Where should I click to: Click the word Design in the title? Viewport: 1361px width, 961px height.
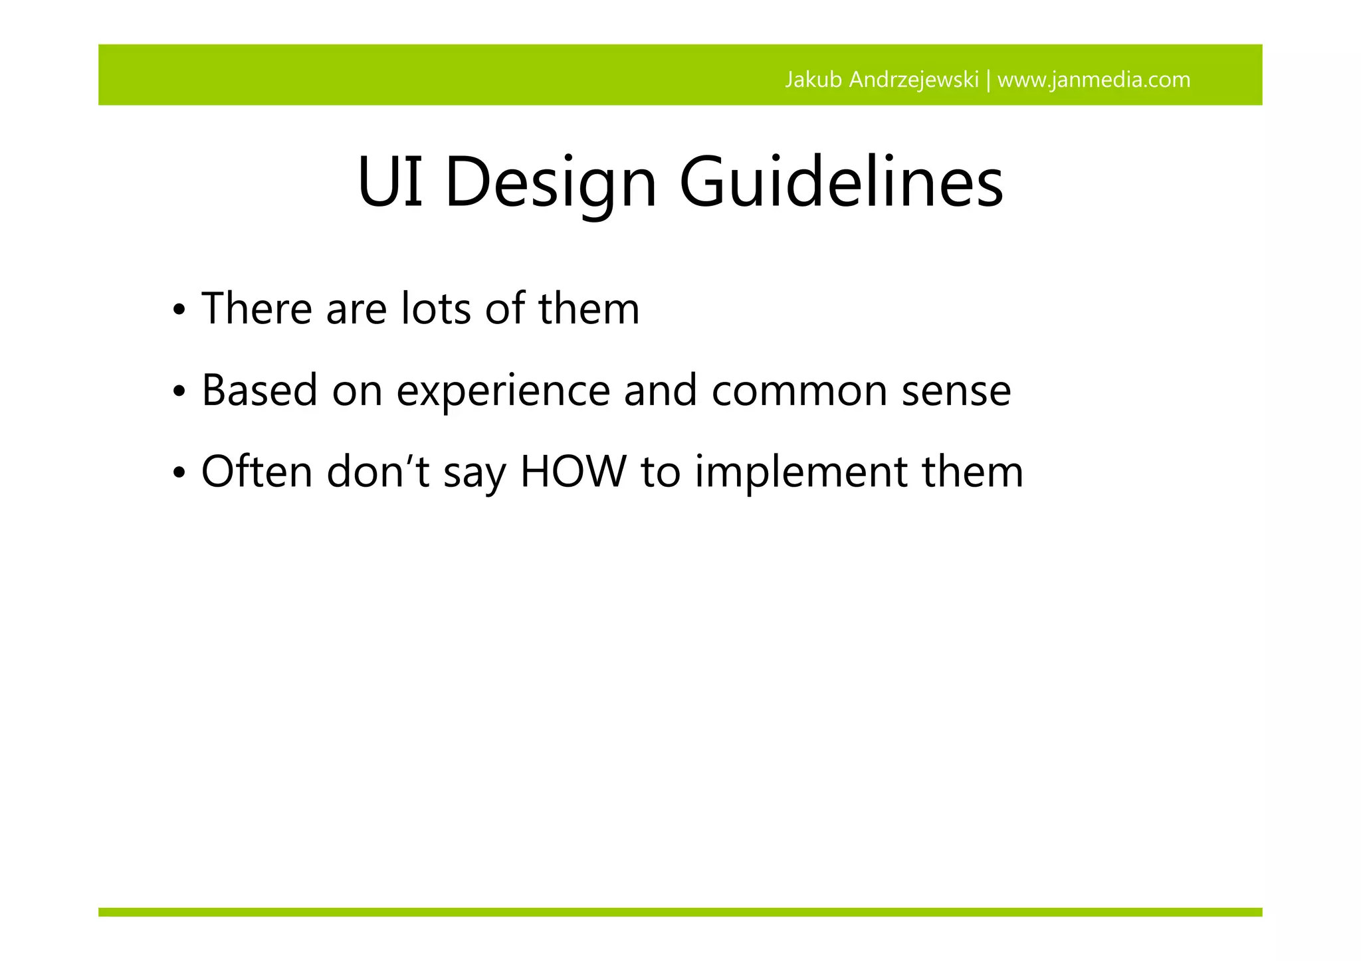tap(550, 183)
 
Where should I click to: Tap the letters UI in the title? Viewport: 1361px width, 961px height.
tap(390, 183)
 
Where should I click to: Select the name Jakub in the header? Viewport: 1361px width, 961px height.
tap(813, 80)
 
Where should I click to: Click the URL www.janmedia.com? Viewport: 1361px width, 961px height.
tap(1094, 80)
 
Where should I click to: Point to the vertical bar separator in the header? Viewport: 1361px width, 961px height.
tap(988, 80)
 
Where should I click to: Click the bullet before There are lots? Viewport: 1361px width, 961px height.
tap(178, 311)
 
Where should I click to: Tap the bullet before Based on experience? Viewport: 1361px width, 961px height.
tap(178, 393)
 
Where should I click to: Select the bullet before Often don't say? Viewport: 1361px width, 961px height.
tap(178, 474)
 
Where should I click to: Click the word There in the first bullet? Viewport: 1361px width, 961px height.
tap(257, 309)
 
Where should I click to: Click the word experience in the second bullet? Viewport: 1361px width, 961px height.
tap(503, 392)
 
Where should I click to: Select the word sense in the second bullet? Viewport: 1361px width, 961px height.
tap(956, 392)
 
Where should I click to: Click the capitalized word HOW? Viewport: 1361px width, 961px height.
tap(573, 472)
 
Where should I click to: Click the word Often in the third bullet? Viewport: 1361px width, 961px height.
tap(257, 472)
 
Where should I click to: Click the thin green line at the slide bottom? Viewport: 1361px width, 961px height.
tap(680, 912)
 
